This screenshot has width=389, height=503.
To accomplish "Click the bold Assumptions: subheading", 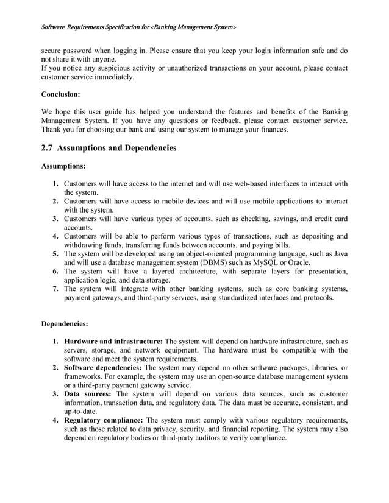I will [x=63, y=166].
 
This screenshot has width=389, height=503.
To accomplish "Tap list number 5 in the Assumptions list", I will [x=55, y=254].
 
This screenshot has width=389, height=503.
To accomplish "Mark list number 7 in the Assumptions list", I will [x=55, y=289].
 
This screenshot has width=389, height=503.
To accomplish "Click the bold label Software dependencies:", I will [x=102, y=368].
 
